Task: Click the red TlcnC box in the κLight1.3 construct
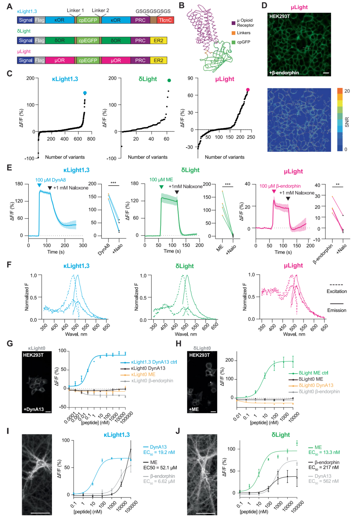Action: [x=165, y=20]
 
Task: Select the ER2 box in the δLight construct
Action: [x=158, y=41]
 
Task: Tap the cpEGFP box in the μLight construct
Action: [x=88, y=61]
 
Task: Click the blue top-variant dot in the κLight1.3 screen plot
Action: [x=85, y=93]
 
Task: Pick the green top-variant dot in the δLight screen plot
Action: [x=169, y=80]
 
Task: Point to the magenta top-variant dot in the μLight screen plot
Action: [x=248, y=90]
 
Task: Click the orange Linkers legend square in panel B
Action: [x=233, y=33]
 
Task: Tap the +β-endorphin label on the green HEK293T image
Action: [x=284, y=73]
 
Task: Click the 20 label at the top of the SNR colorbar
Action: [x=347, y=91]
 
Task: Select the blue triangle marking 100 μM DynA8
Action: [x=39, y=185]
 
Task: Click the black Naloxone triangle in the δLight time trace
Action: [x=177, y=192]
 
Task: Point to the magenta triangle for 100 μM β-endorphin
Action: [x=274, y=192]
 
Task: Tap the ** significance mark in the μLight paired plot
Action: [x=338, y=185]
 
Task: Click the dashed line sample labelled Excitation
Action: [x=336, y=285]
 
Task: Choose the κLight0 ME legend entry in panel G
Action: [x=143, y=374]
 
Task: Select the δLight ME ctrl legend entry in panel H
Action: [x=313, y=373]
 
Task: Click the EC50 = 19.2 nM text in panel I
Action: [x=159, y=452]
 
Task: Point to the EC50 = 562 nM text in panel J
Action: [x=323, y=481]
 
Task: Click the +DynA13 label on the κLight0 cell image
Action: [x=34, y=409]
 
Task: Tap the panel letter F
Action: [x=9, y=265]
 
